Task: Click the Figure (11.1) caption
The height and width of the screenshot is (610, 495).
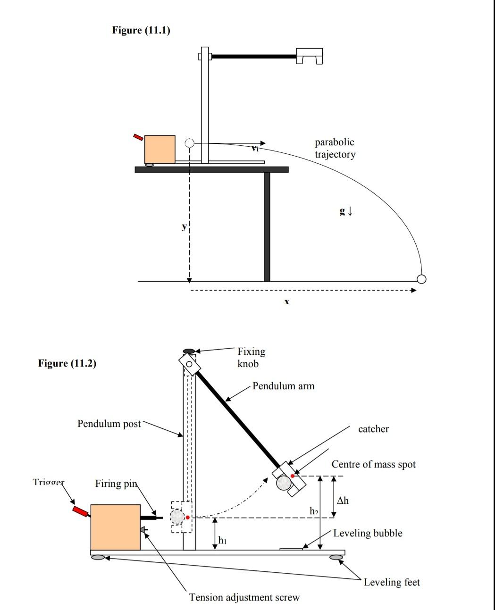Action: [141, 30]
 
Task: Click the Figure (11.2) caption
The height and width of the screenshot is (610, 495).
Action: [67, 363]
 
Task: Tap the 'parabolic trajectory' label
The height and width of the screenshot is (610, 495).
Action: [335, 148]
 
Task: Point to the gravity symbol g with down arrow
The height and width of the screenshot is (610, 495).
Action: [346, 211]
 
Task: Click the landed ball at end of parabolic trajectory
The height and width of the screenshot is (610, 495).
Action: [421, 279]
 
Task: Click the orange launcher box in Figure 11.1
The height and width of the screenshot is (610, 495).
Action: [159, 149]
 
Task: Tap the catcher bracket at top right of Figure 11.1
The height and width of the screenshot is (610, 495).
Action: [310, 55]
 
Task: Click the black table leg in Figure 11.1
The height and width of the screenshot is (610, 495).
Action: [267, 226]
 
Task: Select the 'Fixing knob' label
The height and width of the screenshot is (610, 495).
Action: [251, 357]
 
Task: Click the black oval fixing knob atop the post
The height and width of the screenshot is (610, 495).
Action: [189, 351]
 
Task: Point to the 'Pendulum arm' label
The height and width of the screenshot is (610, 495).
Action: [283, 386]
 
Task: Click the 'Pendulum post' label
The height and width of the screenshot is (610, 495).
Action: [109, 424]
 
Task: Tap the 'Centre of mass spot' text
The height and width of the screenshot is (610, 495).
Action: [373, 464]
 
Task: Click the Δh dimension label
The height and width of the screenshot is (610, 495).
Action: [343, 501]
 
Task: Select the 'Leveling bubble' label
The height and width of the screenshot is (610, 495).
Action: [368, 533]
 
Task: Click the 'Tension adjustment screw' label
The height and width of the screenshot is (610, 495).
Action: [244, 597]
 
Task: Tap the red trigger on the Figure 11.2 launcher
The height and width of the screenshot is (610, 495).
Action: [80, 511]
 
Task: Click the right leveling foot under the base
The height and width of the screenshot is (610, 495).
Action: [336, 558]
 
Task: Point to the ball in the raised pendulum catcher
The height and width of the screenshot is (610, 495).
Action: [284, 483]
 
